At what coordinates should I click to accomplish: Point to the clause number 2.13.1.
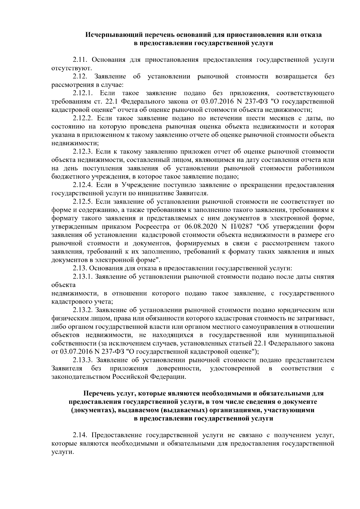(x=83, y=277)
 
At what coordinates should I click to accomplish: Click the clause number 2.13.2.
(x=83, y=310)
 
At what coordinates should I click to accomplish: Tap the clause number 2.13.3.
(x=83, y=360)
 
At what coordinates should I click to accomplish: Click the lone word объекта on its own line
(x=64, y=285)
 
